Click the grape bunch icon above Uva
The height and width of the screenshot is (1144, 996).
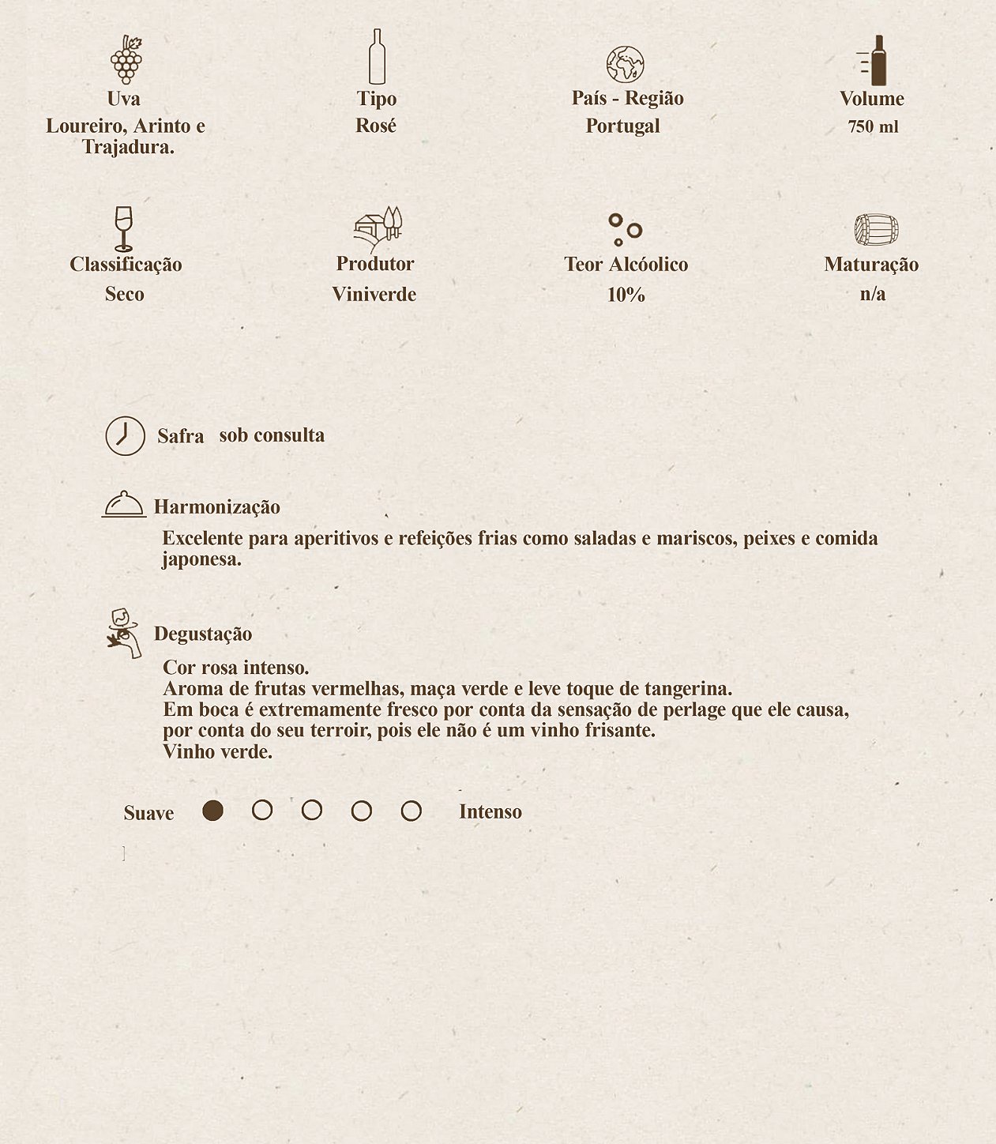tap(126, 59)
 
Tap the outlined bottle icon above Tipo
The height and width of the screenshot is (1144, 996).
tap(377, 57)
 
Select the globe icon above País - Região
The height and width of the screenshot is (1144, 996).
tap(625, 65)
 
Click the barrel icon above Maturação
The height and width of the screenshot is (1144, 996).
tap(876, 230)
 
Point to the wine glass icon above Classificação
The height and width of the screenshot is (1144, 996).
tap(123, 228)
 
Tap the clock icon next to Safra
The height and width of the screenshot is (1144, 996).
tap(126, 435)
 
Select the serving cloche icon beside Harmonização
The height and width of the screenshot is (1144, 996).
tap(124, 504)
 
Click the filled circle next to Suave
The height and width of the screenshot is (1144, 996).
tap(212, 811)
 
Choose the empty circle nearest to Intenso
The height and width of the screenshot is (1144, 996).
tap(411, 811)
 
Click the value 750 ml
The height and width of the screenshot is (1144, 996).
tap(873, 126)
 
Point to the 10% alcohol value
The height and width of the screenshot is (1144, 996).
tap(626, 295)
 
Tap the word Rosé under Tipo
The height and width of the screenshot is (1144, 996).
tap(376, 126)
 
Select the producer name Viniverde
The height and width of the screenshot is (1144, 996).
tap(374, 295)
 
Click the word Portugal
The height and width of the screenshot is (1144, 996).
tap(622, 126)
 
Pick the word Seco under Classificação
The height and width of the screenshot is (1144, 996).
tap(124, 294)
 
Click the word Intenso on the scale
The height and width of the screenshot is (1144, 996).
tap(490, 811)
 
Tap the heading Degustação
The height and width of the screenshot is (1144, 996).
tap(203, 634)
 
